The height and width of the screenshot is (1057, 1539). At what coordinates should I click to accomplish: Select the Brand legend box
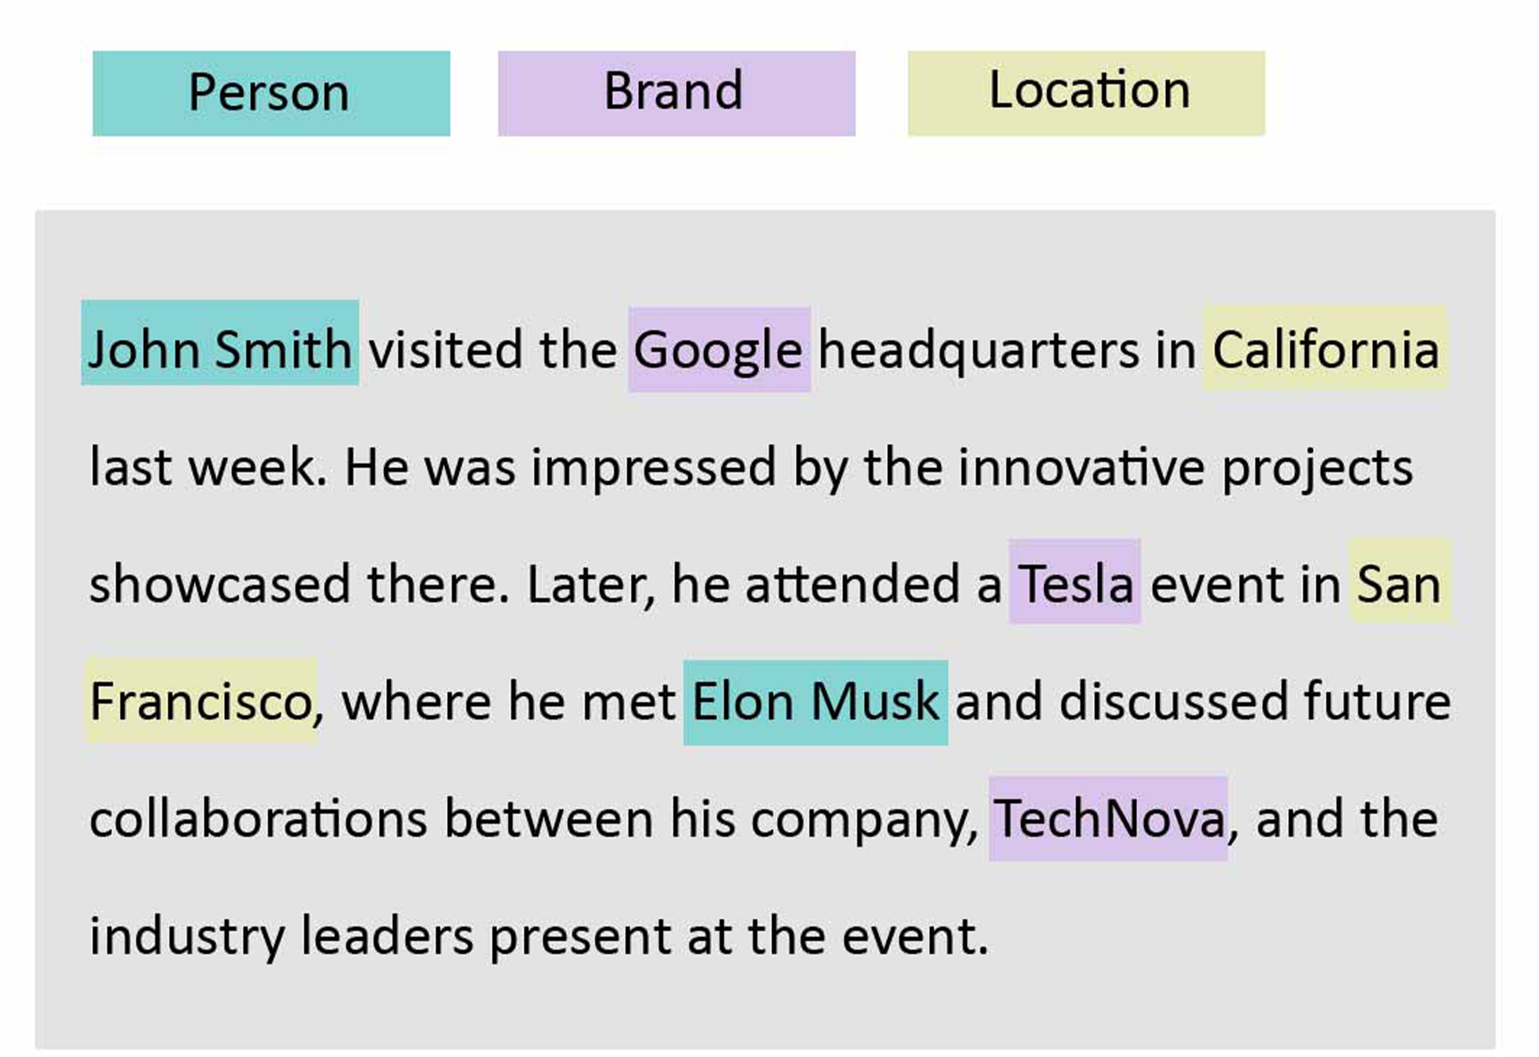pyautogui.click(x=676, y=94)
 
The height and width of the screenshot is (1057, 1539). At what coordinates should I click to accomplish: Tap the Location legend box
pyautogui.click(x=1086, y=94)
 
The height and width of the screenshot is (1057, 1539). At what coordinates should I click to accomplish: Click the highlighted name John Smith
pyautogui.click(x=220, y=342)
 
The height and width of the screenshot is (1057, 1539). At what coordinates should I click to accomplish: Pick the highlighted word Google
pyautogui.click(x=720, y=350)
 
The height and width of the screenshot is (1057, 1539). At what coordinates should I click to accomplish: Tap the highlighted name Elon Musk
pyautogui.click(x=815, y=703)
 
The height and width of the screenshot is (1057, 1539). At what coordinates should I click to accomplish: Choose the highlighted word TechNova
pyautogui.click(x=1108, y=818)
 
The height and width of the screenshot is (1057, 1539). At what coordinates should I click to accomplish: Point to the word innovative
pyautogui.click(x=1081, y=466)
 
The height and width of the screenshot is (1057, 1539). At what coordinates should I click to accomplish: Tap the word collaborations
pyautogui.click(x=258, y=818)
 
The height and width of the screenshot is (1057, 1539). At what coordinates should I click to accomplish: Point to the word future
pyautogui.click(x=1378, y=701)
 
